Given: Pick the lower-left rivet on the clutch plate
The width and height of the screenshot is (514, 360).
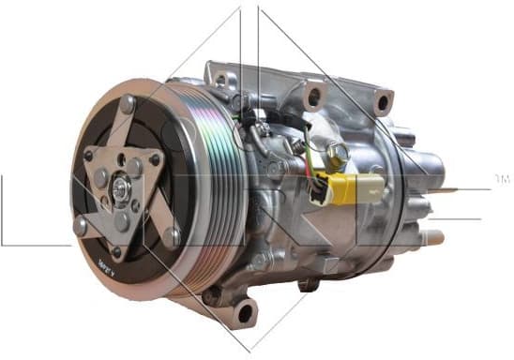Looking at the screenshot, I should click(x=82, y=226).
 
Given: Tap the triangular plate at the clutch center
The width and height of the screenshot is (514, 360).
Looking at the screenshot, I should click(x=122, y=178).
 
